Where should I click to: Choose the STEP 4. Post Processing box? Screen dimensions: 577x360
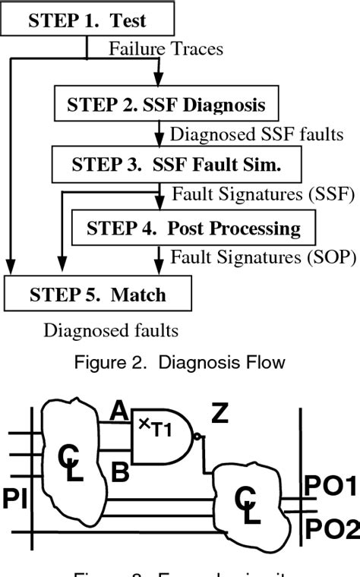pyautogui.click(x=193, y=228)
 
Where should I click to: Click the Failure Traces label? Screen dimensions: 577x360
pyautogui.click(x=166, y=50)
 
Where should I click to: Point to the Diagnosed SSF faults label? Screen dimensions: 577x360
pyautogui.click(x=244, y=134)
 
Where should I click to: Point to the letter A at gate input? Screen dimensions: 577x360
pyautogui.click(x=118, y=411)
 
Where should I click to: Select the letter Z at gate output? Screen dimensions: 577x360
pyautogui.click(x=220, y=415)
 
